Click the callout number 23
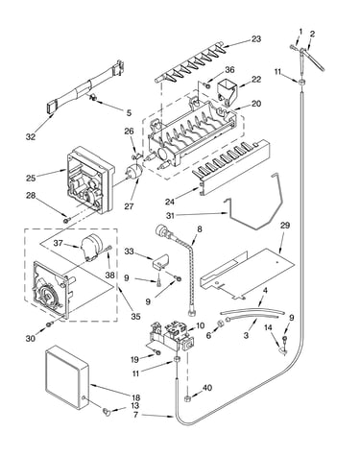[256, 39]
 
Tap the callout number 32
[31, 137]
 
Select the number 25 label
[31, 178]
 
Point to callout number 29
[285, 226]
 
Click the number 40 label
[207, 388]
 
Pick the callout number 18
[135, 398]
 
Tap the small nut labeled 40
[188, 398]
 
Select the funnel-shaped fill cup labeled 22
[228, 91]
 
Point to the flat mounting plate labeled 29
[247, 273]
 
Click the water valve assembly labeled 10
[170, 335]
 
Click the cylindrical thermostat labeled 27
[134, 171]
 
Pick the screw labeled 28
[66, 220]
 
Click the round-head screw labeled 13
[106, 412]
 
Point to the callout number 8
[200, 229]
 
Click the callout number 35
[135, 317]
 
